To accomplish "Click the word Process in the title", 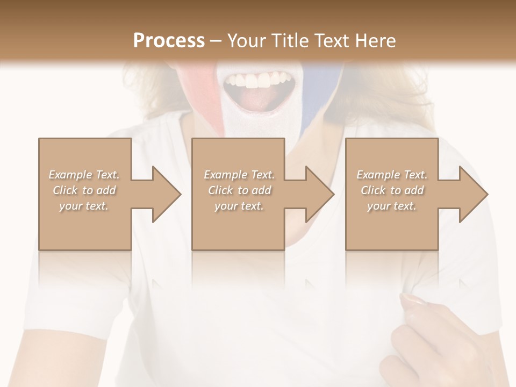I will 169,41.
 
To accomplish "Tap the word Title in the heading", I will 288,41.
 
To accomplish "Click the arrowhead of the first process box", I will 167,194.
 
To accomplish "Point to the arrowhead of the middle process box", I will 320,194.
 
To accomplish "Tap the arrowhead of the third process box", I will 474,194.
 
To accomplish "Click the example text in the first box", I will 84,190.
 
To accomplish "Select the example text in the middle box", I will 239,190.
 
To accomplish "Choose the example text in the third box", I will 392,190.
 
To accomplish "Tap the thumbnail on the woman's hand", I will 412,299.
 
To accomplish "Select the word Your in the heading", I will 246,41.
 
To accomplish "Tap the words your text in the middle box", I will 239,206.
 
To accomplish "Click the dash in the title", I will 216,41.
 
